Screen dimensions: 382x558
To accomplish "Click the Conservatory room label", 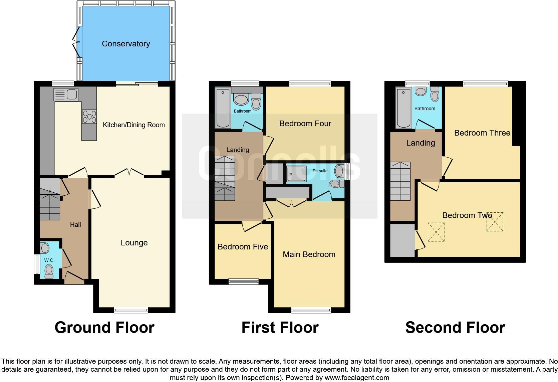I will click(126, 44).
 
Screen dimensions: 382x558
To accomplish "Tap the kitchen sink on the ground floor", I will click(66, 94).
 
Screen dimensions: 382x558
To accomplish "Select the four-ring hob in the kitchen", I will click(89, 117).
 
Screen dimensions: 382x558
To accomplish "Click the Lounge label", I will click(134, 243).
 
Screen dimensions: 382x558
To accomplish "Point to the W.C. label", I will click(49, 260).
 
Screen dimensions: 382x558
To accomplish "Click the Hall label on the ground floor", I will click(75, 225).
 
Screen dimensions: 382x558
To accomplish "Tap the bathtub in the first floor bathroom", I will click(223, 109).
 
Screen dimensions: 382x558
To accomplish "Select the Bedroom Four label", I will click(305, 124).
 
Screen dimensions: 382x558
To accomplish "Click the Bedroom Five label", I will click(243, 247).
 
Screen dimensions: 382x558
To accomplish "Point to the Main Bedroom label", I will click(309, 254).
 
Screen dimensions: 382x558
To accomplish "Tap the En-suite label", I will click(320, 171).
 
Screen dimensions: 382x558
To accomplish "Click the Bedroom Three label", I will click(482, 133).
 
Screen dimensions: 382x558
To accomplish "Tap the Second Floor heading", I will click(455, 328).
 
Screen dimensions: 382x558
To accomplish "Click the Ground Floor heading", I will click(104, 328).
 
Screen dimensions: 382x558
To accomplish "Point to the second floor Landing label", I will click(421, 143).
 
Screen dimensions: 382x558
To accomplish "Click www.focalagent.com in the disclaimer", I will click(356, 378).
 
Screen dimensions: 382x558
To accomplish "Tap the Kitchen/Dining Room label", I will click(133, 125).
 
